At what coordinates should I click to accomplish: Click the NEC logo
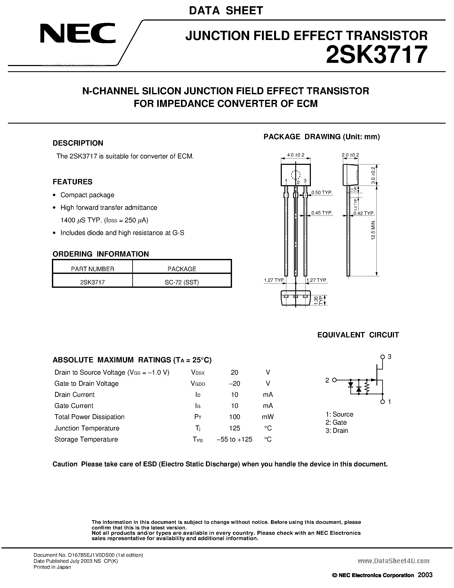pos(78,33)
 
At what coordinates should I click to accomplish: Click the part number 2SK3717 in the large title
pos(376,55)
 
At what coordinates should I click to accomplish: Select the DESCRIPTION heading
pos(78,143)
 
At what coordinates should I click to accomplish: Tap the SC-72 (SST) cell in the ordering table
pos(182,282)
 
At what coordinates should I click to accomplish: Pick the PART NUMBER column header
pos(93,269)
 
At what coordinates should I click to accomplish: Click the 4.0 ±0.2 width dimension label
pos(296,155)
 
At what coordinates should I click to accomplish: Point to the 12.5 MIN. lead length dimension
pos(373,230)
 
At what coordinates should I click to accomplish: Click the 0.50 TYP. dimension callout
pos(322,193)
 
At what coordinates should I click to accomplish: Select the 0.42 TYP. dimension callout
pos(364,213)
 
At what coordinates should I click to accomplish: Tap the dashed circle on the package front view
pos(296,175)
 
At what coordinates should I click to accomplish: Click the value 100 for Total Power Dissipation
pos(235,417)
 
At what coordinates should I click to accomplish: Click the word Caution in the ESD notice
pos(65,464)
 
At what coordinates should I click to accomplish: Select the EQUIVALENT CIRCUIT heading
pos(358,335)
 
